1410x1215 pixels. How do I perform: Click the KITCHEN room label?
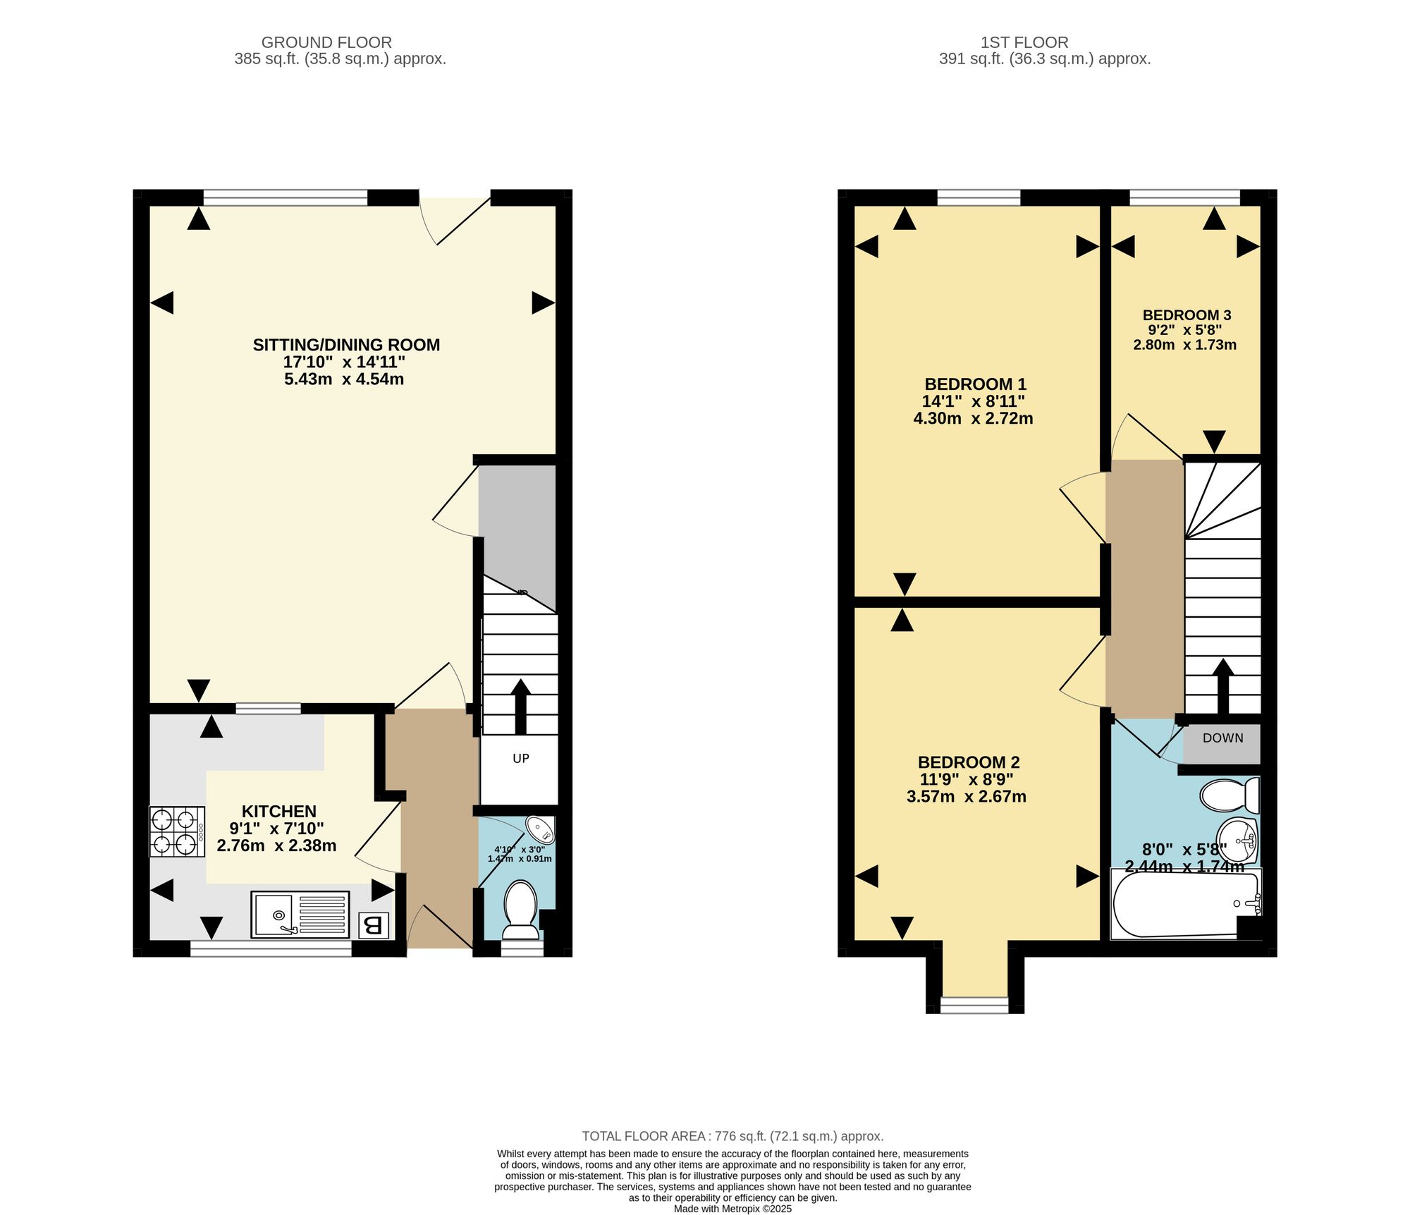coord(279,812)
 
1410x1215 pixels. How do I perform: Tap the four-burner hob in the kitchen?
coord(177,831)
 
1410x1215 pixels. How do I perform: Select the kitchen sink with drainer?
coord(300,915)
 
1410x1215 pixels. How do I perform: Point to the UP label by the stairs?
coord(521,759)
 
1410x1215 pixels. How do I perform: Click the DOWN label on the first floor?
coord(1223,738)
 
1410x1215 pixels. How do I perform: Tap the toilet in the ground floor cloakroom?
coord(521,910)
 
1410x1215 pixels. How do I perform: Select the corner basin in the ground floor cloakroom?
coord(540,831)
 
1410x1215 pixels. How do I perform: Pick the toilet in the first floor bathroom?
coord(1230,795)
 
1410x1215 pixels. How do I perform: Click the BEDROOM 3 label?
coord(1187,315)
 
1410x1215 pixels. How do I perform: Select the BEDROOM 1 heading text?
coord(975,384)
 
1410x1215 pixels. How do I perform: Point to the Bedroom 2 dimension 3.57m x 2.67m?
coord(967,797)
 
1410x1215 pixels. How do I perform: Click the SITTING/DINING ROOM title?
coord(346,345)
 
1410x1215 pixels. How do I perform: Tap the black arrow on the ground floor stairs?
coord(521,707)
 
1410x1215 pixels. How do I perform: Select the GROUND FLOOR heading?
coord(326,42)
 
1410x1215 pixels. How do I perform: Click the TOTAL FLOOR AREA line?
coord(732,1136)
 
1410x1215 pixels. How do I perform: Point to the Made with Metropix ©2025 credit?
coord(732,1209)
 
